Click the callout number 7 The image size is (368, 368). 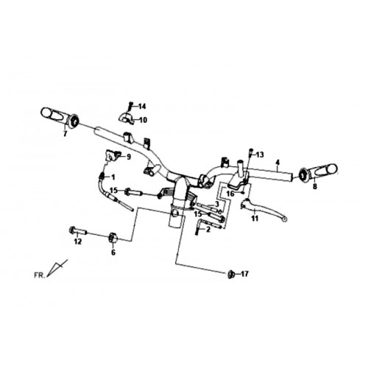pyautogui.click(x=65, y=134)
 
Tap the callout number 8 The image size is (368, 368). pyautogui.click(x=315, y=186)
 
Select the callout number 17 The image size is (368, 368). pyautogui.click(x=244, y=274)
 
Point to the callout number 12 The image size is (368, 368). pyautogui.click(x=78, y=241)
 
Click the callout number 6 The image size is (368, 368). pyautogui.click(x=113, y=252)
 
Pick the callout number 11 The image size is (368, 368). pyautogui.click(x=255, y=218)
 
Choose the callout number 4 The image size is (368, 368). pyautogui.click(x=277, y=162)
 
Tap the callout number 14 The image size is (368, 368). pyautogui.click(x=142, y=107)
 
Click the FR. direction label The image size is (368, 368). pyautogui.click(x=40, y=275)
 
